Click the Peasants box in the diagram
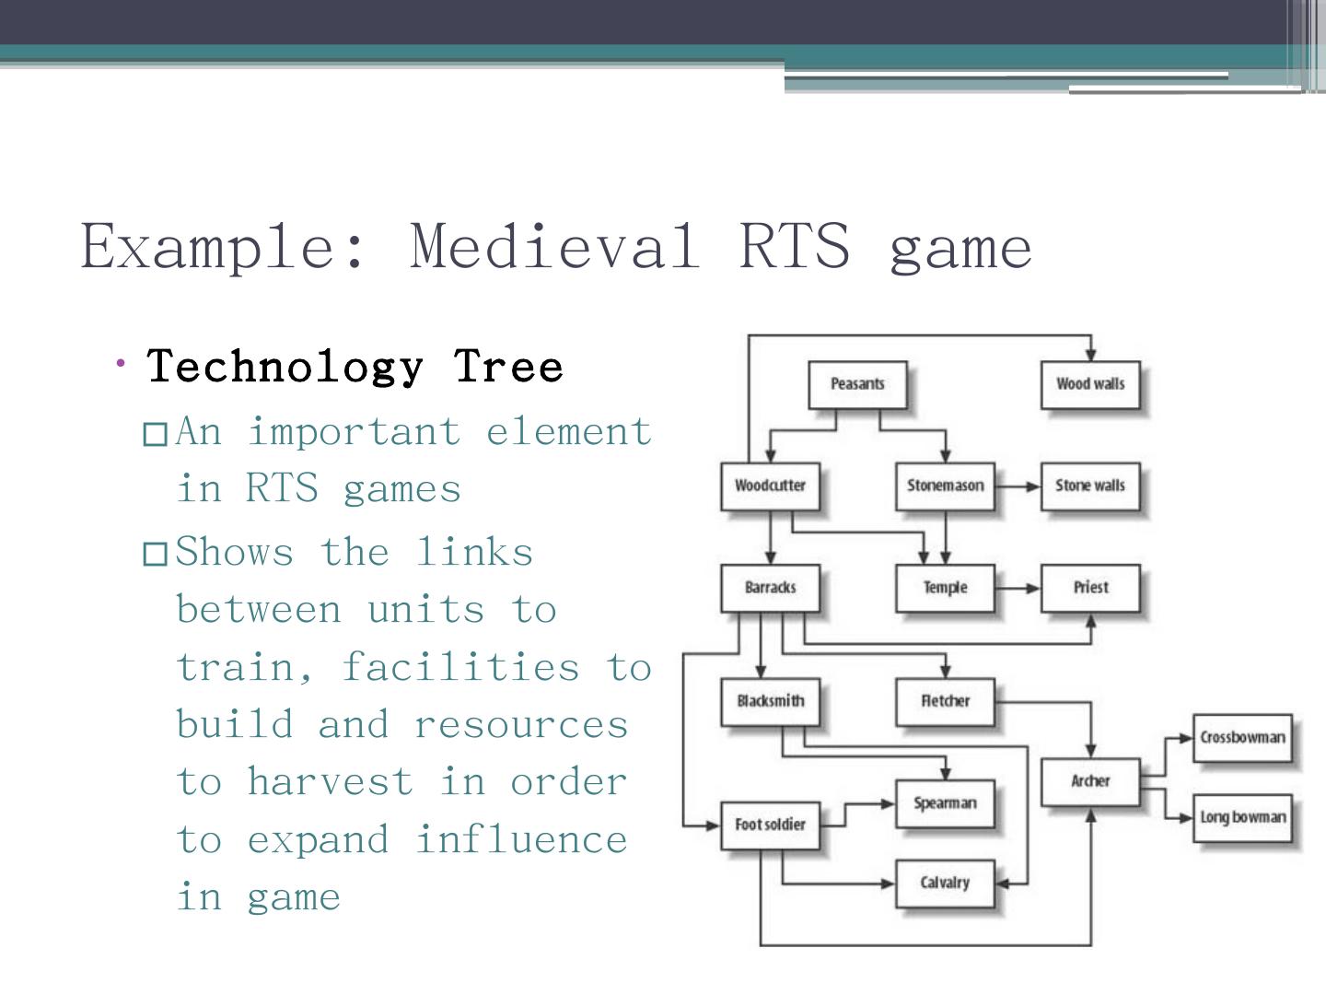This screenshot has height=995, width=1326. (x=857, y=384)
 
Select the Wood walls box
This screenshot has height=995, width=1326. (x=1090, y=384)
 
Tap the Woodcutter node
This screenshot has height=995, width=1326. (x=770, y=486)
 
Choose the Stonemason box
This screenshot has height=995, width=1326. (x=945, y=486)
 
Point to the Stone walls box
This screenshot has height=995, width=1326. (x=1090, y=486)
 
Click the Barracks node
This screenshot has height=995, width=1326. (x=770, y=587)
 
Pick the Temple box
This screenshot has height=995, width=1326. (x=945, y=587)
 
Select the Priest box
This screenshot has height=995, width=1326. (x=1090, y=587)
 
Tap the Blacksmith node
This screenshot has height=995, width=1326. (x=770, y=701)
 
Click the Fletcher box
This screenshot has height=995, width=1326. (x=945, y=701)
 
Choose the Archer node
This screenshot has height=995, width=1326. (x=1090, y=781)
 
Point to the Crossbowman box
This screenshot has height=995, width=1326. (x=1242, y=737)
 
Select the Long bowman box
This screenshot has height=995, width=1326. (x=1242, y=817)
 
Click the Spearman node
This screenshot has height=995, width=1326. (x=945, y=803)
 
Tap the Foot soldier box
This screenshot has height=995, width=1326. (x=770, y=825)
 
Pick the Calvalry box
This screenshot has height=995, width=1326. (x=945, y=883)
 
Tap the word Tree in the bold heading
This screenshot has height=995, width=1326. (x=507, y=367)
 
